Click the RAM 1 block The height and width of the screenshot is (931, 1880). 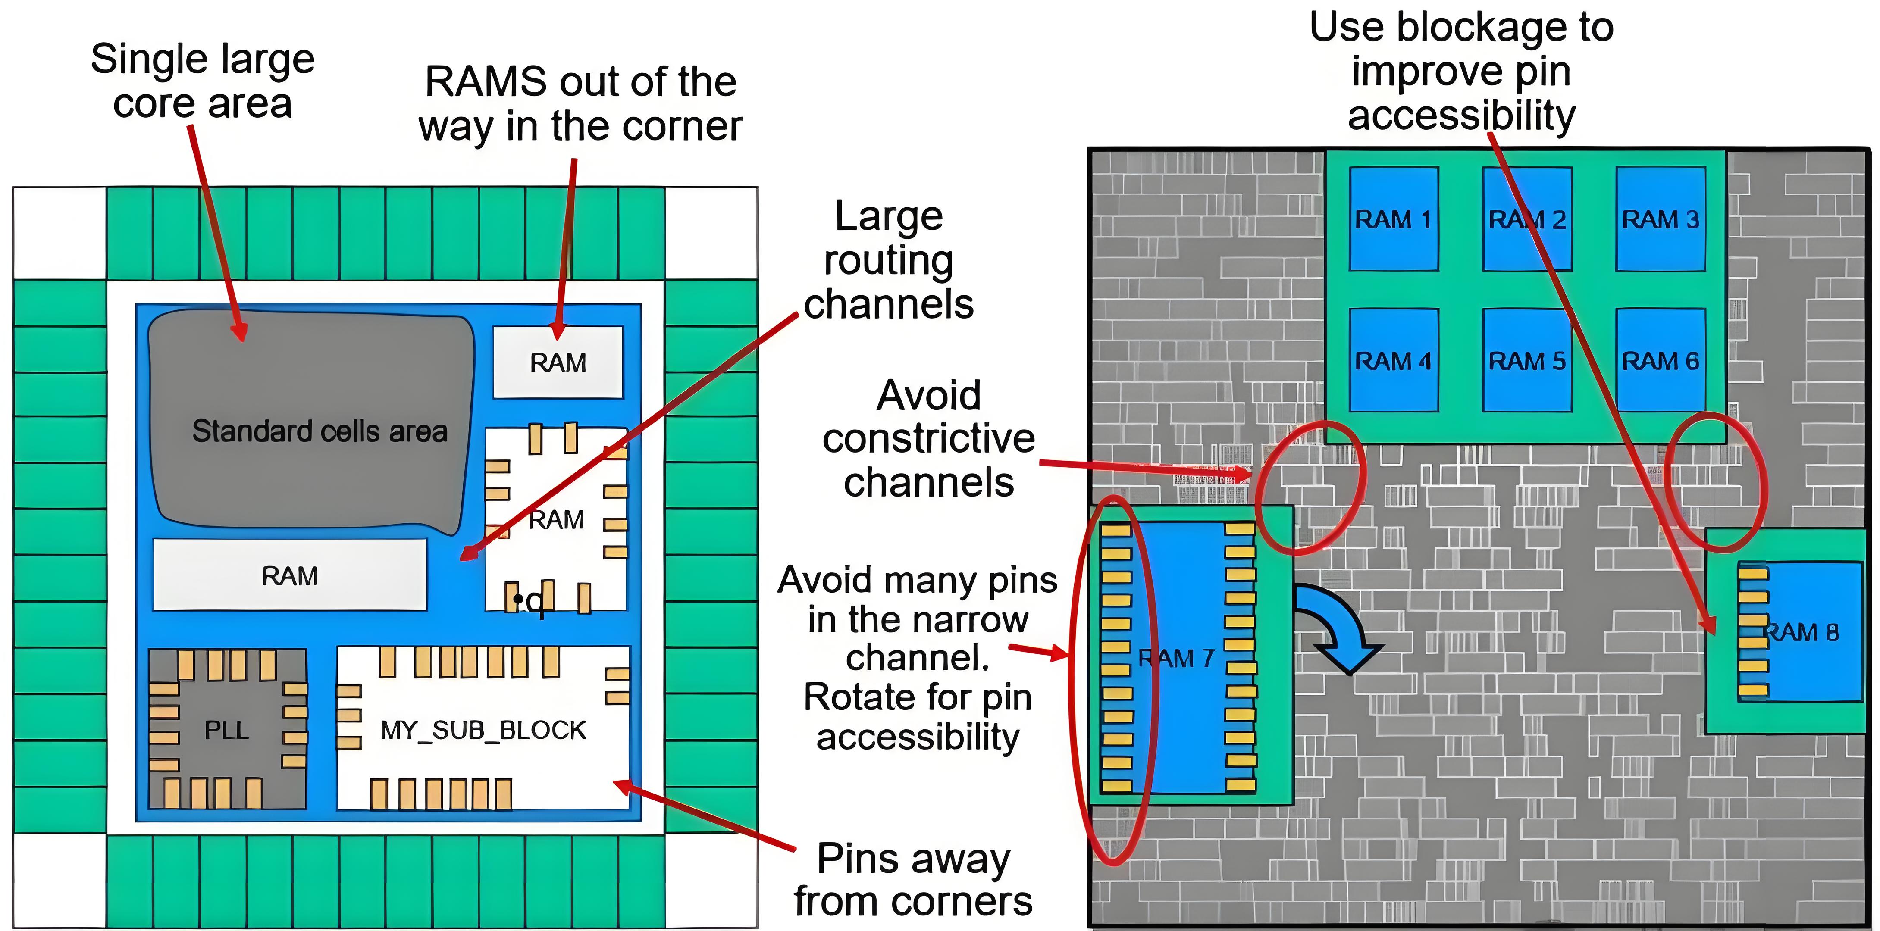(x=1393, y=219)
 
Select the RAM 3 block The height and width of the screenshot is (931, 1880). (x=1661, y=219)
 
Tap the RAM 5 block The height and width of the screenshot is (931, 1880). (x=1527, y=360)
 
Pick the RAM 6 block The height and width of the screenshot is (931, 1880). (x=1661, y=360)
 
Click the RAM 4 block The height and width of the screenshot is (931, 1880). (x=1393, y=360)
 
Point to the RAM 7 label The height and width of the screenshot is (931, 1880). (x=1176, y=658)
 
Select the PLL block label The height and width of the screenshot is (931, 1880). (x=226, y=730)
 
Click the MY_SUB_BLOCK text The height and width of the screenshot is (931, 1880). (x=483, y=730)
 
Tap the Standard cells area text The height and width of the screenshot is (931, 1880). (x=320, y=431)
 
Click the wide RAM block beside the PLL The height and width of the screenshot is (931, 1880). (x=290, y=576)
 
